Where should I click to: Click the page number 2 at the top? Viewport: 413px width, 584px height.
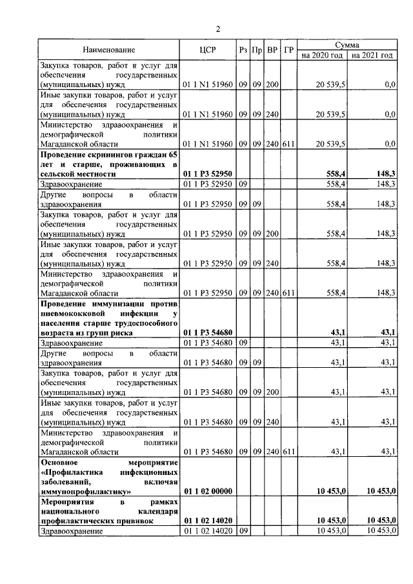pos(217,28)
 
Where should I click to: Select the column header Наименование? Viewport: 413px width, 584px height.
pos(109,50)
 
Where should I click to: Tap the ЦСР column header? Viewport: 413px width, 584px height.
pos(207,50)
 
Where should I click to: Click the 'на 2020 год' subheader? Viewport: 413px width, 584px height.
pos(323,55)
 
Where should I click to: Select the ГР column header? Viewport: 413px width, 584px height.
pos(288,50)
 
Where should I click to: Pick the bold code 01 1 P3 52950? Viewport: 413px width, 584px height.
pos(207,174)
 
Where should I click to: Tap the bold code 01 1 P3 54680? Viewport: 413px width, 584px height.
pos(207,333)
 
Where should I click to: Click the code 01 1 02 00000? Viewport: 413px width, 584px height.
pos(207,492)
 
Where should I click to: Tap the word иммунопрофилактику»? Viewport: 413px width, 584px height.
pos(85,492)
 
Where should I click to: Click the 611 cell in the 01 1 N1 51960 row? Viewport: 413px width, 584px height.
pos(288,144)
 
